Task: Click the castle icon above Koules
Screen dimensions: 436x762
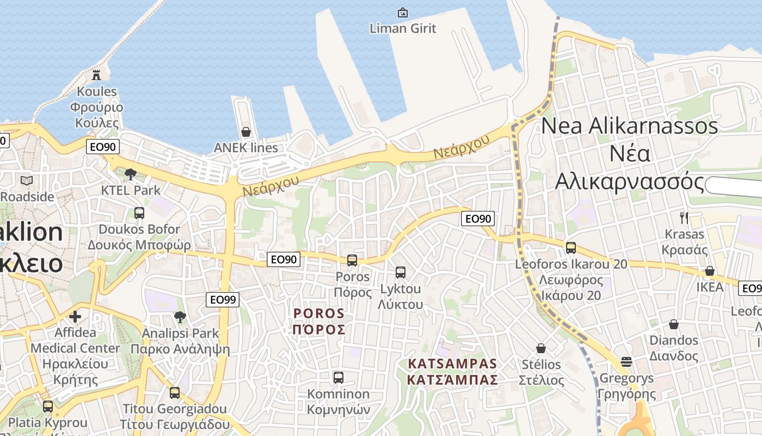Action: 96,75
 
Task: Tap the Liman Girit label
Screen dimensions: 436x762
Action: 403,28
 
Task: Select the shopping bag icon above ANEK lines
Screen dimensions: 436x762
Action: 246,132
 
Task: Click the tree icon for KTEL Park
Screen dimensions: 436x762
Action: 130,174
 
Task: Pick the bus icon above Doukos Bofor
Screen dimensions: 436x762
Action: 139,213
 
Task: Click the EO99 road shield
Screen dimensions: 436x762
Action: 223,299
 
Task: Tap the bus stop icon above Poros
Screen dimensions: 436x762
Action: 352,261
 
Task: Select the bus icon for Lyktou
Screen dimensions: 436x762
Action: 401,272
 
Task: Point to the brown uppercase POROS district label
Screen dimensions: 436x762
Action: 319,322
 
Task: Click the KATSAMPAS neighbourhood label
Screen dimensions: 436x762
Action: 453,371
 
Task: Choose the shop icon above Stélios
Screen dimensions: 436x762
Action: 541,348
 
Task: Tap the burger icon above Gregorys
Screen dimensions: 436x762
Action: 626,362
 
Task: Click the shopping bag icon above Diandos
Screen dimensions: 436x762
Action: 674,325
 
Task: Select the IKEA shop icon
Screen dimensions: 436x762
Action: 710,271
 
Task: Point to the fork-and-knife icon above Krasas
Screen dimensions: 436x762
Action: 684,218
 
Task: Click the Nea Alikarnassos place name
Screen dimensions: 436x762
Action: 630,154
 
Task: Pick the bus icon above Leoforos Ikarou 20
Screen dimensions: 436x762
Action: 571,248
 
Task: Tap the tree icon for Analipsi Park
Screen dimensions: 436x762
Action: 180,317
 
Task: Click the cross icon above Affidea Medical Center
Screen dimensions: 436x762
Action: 75,316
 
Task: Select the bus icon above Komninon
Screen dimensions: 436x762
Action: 339,377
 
